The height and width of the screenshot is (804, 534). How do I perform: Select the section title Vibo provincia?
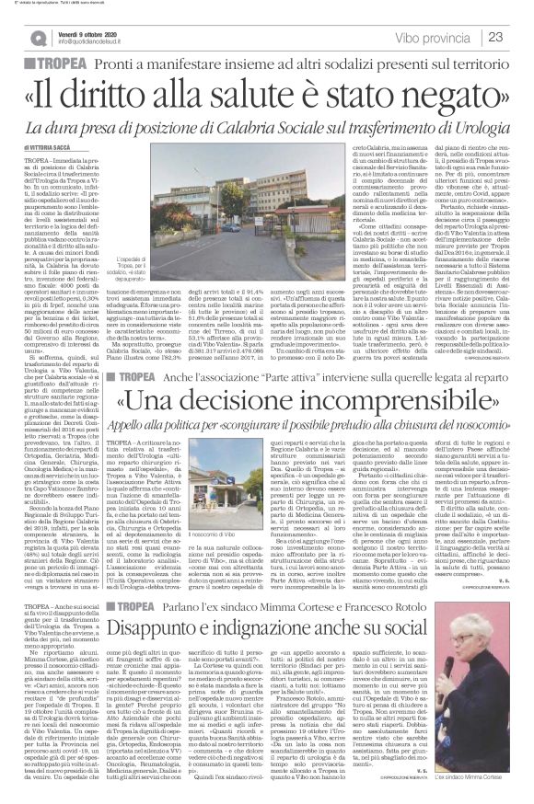tap(433, 37)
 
